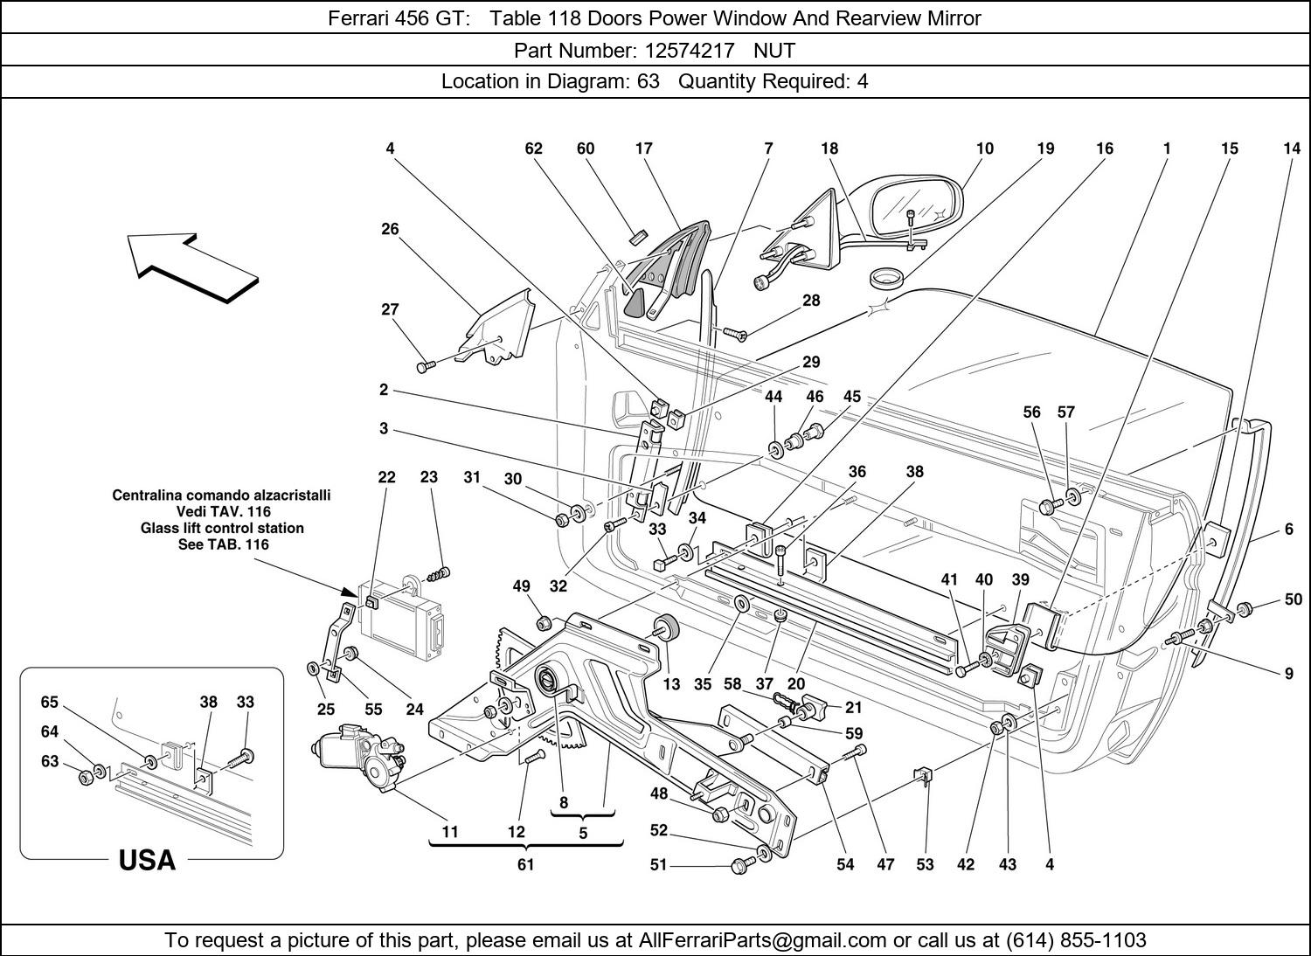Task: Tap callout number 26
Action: tap(390, 229)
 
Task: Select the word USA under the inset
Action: tap(147, 861)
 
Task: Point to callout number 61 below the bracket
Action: tap(525, 865)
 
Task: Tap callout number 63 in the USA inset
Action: tap(50, 761)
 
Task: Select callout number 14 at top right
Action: tap(1292, 149)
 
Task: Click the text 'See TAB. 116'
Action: tap(222, 544)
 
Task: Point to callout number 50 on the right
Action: tap(1294, 599)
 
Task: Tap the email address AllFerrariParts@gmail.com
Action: tap(763, 940)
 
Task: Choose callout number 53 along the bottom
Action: tap(925, 865)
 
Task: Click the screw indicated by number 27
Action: tap(424, 367)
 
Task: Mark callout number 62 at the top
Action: tap(533, 149)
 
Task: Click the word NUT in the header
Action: tap(774, 51)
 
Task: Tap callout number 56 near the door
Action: tap(1031, 412)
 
